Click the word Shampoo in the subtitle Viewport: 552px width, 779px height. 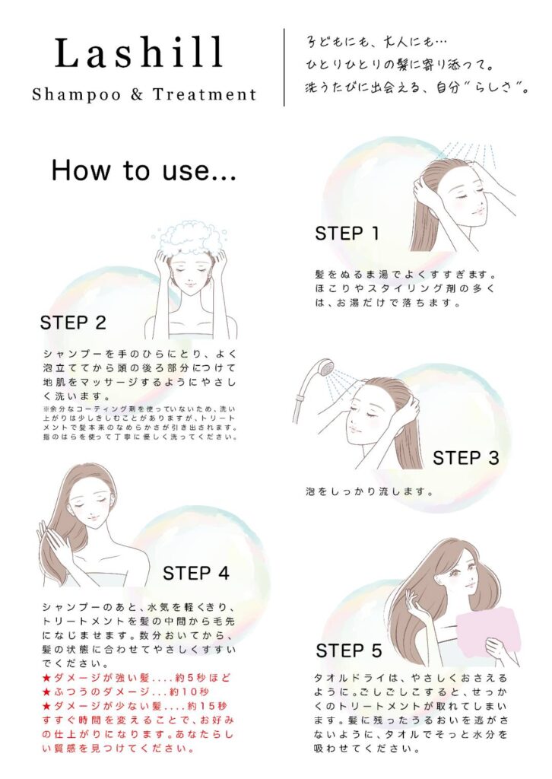coord(77,94)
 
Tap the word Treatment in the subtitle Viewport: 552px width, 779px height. coord(205,94)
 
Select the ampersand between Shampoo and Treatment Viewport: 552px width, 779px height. coord(137,94)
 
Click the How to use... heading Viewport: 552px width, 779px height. coord(144,170)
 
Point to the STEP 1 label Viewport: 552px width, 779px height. coord(347,233)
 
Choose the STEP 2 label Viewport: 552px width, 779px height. coord(73,323)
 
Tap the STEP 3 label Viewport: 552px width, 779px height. coord(465,457)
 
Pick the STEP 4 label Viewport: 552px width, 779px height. coord(196,574)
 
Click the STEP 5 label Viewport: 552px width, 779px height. coord(349,650)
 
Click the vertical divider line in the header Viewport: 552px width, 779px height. coord(284,68)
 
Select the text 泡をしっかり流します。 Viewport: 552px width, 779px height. coord(370,492)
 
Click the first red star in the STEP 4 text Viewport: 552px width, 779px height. coord(46,678)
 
